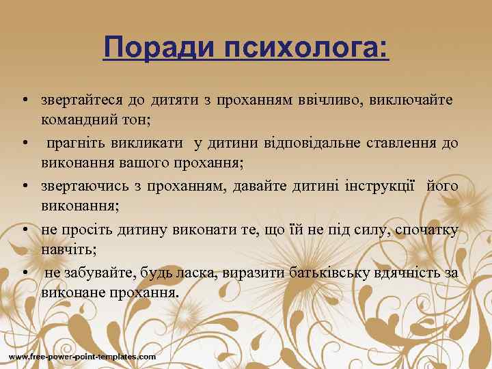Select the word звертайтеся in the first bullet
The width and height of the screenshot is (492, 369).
pyautogui.click(x=82, y=101)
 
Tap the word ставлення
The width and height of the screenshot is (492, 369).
pyautogui.click(x=408, y=143)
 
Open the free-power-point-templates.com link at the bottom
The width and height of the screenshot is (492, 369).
pyautogui.click(x=82, y=357)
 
